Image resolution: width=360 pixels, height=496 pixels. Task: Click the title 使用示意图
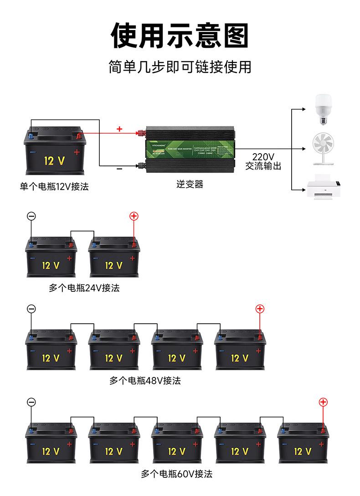(x=180, y=35)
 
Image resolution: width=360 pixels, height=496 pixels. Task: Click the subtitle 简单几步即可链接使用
(x=180, y=67)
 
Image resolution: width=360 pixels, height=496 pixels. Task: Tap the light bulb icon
(x=324, y=109)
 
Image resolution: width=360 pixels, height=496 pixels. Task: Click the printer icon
(x=324, y=187)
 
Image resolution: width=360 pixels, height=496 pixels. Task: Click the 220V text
(x=263, y=156)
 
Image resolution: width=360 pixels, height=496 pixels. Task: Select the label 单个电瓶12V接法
(x=54, y=186)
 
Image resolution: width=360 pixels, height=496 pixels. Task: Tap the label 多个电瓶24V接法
(x=84, y=288)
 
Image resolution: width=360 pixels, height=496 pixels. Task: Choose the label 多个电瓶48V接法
(x=145, y=380)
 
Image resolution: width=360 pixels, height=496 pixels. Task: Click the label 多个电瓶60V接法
(x=176, y=474)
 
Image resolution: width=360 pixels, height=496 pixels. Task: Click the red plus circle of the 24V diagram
(x=134, y=216)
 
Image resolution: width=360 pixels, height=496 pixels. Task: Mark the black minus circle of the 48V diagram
(x=31, y=309)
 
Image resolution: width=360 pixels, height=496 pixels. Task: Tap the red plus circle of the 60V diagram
(x=323, y=402)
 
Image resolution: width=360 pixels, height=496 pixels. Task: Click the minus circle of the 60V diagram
(x=31, y=402)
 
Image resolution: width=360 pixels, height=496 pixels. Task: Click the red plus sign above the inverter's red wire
(x=119, y=129)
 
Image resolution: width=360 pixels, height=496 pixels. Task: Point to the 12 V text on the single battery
(x=55, y=160)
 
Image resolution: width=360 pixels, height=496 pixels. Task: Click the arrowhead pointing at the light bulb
(x=304, y=109)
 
